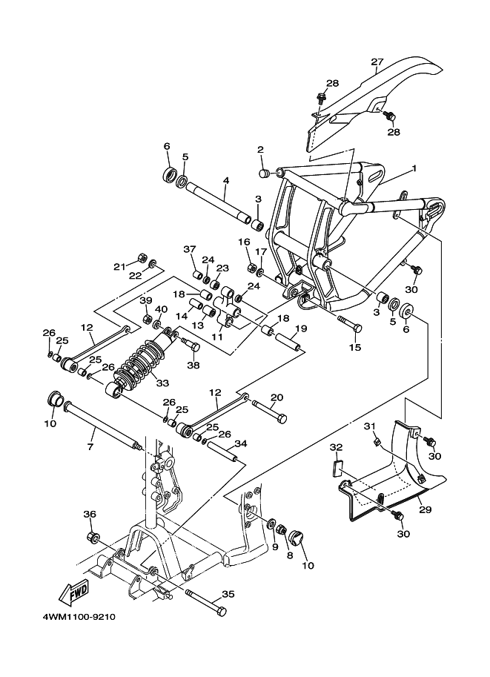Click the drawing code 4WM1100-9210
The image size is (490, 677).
point(78,617)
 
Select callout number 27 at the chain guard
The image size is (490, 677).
point(377,63)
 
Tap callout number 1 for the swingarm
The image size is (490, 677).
point(414,168)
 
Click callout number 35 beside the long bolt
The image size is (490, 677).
point(228,595)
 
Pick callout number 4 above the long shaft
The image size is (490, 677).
point(225,180)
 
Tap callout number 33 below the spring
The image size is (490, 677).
point(162,383)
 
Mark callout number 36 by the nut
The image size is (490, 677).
point(90,514)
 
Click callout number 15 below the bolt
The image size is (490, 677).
point(355,347)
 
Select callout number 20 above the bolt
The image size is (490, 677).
point(277,397)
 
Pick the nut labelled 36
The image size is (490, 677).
point(93,536)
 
